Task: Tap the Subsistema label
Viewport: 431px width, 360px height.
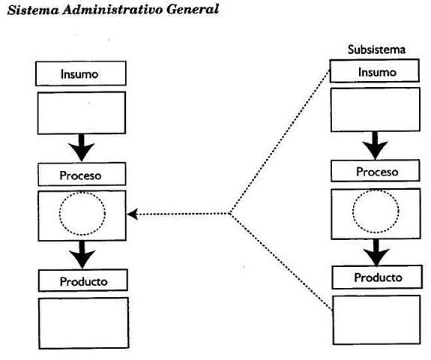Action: [376, 49]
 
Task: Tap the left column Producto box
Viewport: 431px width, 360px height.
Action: [83, 281]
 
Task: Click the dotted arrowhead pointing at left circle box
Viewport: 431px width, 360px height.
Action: [133, 214]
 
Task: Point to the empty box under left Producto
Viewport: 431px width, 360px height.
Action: [83, 322]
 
